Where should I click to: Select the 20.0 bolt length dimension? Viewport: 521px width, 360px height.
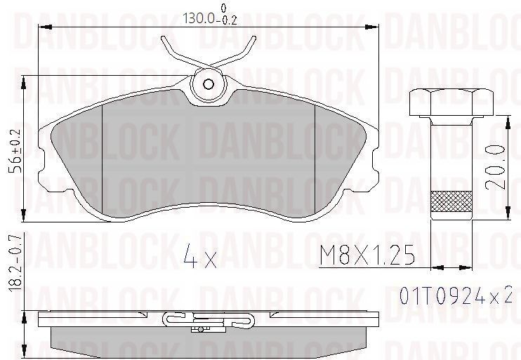pyautogui.click(x=496, y=166)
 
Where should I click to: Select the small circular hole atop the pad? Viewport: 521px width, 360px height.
pyautogui.click(x=209, y=84)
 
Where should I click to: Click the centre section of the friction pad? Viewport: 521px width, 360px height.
pyautogui.click(x=209, y=151)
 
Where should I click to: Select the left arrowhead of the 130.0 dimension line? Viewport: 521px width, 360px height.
pyautogui.click(x=42, y=27)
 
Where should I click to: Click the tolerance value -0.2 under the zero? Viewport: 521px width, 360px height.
pyautogui.click(x=225, y=21)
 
